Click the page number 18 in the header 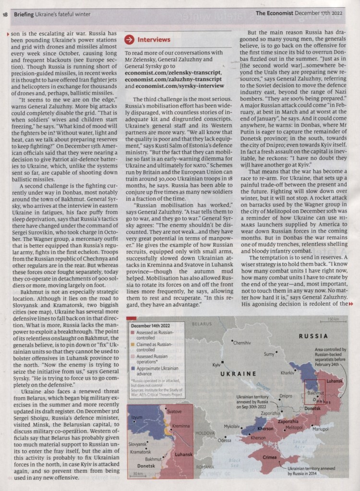pos(5,14)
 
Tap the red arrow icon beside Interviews pos(129,39)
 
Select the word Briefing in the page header pos(24,14)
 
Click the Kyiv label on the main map pos(216,365)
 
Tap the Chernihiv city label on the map pos(242,343)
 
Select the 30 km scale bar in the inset pos(138,473)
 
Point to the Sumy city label pos(269,354)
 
